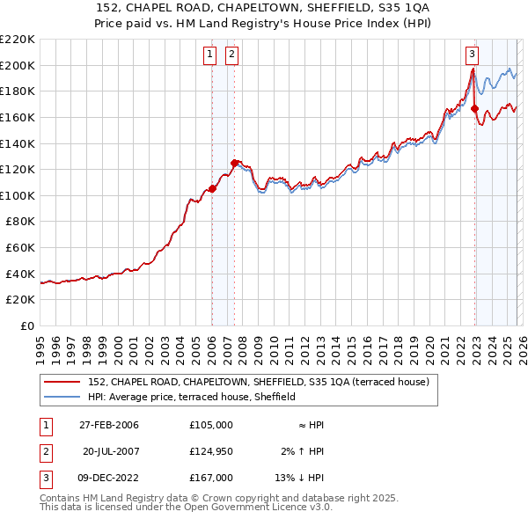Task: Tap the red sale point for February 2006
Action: [212, 188]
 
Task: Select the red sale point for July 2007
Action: [234, 163]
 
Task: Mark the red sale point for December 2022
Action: [474, 108]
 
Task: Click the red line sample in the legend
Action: [62, 382]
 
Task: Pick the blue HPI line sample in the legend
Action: [62, 397]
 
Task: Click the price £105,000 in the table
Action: [210, 425]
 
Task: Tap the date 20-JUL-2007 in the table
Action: [112, 451]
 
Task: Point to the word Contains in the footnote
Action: [61, 498]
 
